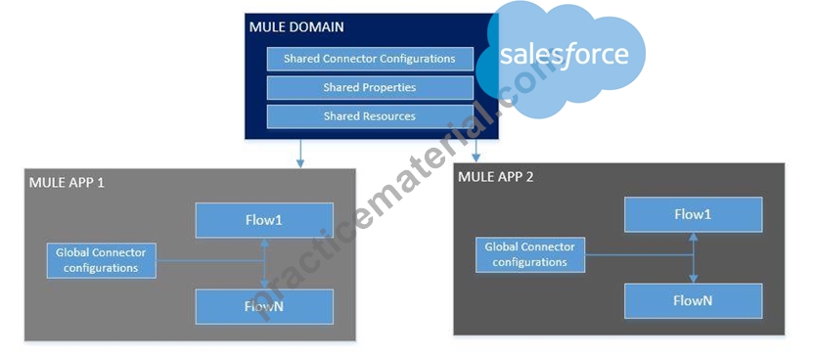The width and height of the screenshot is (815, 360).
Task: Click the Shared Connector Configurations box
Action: coord(370,59)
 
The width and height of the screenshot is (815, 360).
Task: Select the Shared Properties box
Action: coord(370,88)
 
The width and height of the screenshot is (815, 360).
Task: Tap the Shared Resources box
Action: coord(370,116)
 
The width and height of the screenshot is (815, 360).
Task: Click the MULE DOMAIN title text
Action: coord(296,27)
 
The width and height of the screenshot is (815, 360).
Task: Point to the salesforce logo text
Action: coord(564,54)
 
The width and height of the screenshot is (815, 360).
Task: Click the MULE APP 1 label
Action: coord(67,183)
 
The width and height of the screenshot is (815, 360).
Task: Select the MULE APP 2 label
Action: coord(495,177)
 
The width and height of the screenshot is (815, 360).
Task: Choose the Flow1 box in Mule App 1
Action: coord(264,220)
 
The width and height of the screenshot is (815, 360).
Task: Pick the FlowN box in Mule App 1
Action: coord(264,306)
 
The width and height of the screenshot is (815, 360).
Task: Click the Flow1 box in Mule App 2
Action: coord(694,214)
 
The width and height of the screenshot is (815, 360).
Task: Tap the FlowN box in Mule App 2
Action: coord(694,300)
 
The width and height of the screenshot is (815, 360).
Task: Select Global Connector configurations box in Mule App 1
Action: coord(102,261)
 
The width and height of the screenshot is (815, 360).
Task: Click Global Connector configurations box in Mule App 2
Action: coord(530,255)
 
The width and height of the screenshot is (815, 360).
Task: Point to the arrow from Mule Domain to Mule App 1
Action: coord(300,154)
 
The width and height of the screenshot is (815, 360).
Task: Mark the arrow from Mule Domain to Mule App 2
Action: coord(476,151)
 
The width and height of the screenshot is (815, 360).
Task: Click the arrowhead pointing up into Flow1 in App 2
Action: coord(693,237)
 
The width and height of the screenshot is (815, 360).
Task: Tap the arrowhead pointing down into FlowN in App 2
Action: coord(693,279)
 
